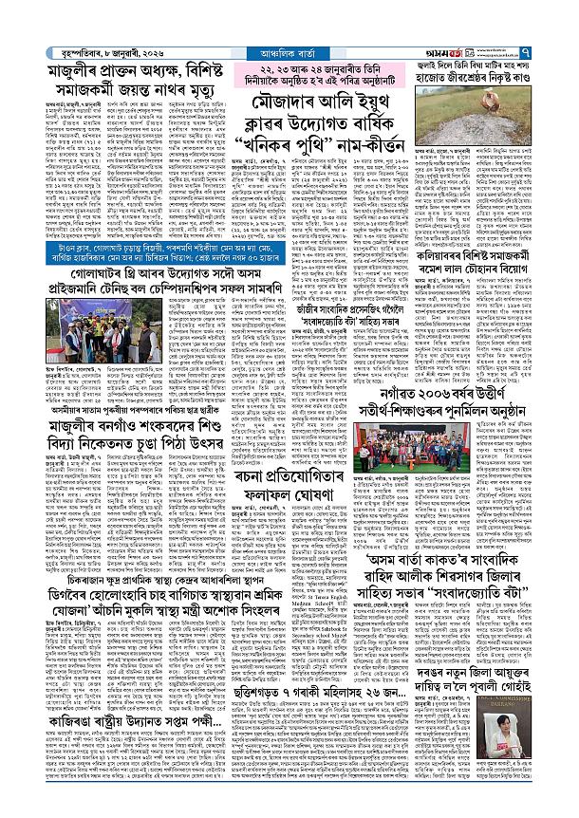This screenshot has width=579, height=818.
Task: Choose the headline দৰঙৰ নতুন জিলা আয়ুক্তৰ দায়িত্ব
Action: (x=493, y=661)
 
